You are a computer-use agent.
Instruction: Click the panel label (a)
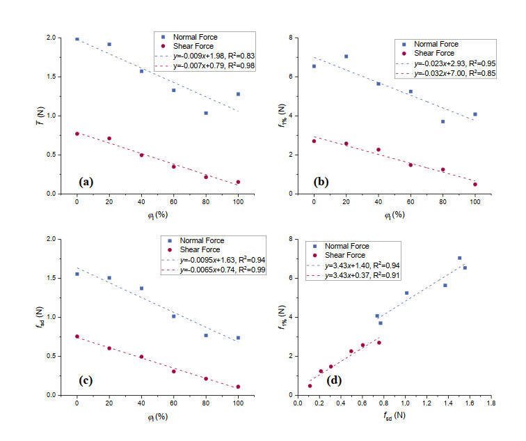(x=86, y=182)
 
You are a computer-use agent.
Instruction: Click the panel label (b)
(x=322, y=182)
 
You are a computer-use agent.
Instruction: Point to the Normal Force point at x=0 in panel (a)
(x=77, y=39)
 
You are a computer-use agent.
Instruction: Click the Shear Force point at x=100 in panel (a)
(x=238, y=183)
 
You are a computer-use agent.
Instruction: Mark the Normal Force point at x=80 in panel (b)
(x=443, y=121)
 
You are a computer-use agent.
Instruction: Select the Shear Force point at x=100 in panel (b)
(x=475, y=185)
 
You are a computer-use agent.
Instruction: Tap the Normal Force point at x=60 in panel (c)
(x=173, y=316)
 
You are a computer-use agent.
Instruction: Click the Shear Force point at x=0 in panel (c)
(x=77, y=336)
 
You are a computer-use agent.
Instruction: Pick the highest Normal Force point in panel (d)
(x=459, y=258)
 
